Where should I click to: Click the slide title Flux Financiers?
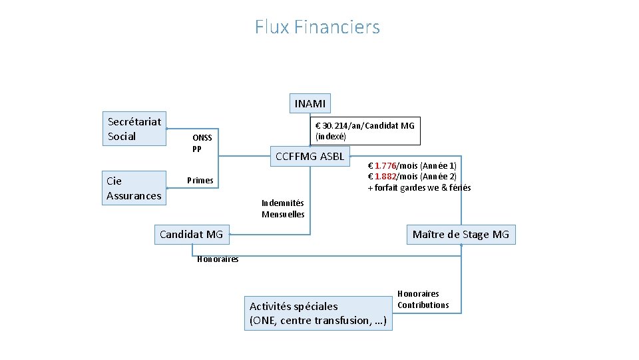pos(317,27)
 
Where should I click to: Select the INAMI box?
pos(310,103)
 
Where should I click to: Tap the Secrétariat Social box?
pos(134,129)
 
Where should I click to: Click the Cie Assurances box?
pos(134,188)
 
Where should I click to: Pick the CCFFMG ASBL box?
pos(310,157)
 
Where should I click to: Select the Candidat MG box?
pos(191,234)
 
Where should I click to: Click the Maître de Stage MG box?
pos(461,234)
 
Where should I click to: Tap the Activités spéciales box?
pos(318,313)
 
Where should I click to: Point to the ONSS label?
pos(202,138)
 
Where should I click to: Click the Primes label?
pos(200,180)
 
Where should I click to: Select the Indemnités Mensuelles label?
pos(283,209)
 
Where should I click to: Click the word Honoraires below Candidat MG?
pos(218,259)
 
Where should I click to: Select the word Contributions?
pos(423,305)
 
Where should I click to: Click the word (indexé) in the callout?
pos(330,136)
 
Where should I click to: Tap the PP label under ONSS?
pos(196,149)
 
